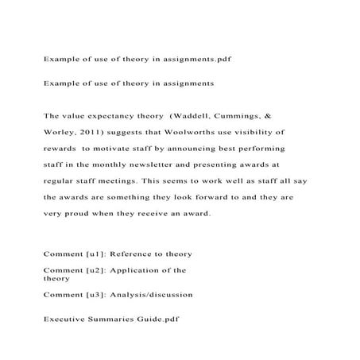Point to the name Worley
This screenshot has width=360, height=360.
coord(63,130)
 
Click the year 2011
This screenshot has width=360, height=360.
coord(100,130)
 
